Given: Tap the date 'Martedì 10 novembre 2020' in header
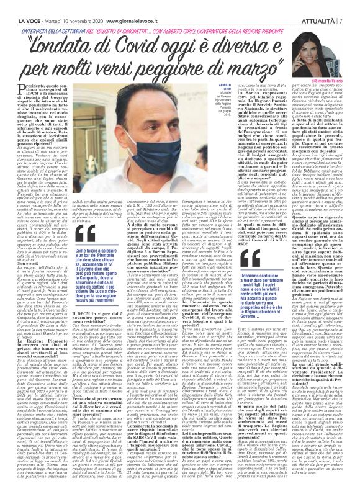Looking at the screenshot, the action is coord(67,5).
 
